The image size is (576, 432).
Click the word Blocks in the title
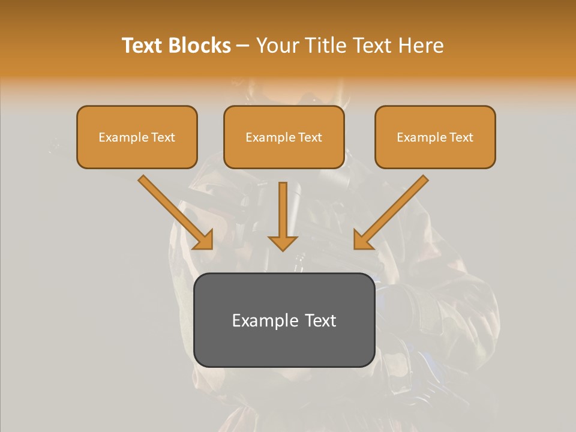(199, 46)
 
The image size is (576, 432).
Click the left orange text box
(137, 137)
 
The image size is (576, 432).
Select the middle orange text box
(284, 137)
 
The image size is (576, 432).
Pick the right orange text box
(435, 137)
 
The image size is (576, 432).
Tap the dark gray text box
(284, 320)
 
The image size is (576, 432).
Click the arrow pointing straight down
(283, 216)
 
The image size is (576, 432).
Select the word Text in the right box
(461, 137)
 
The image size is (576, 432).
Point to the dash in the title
(243, 46)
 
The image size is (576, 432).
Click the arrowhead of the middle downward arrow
(283, 243)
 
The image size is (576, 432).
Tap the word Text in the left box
(163, 137)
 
